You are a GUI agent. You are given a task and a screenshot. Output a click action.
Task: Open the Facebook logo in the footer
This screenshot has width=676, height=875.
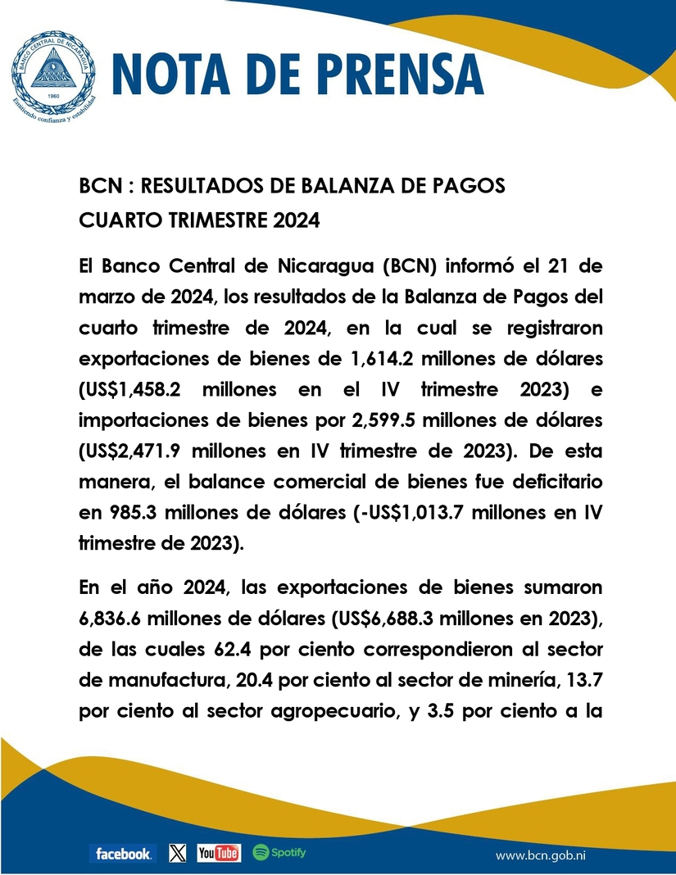point(121,854)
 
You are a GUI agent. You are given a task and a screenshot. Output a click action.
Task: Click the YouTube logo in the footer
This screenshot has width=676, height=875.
point(219,854)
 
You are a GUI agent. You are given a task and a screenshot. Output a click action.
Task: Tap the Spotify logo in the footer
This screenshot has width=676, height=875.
point(279,853)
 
